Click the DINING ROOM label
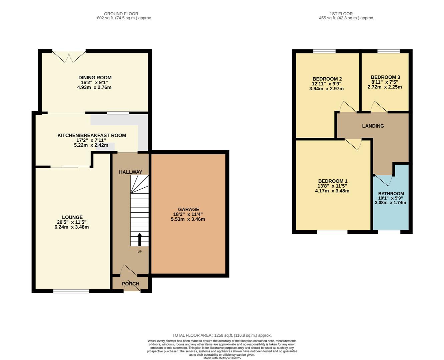click(95, 78)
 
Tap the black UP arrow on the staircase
click(139, 239)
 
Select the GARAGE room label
click(188, 209)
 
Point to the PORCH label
click(130, 284)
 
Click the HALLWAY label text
click(130, 172)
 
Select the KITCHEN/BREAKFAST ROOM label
click(92, 135)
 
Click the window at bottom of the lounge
click(71, 291)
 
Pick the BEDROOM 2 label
click(327, 79)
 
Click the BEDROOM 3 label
click(385, 77)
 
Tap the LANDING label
click(373, 126)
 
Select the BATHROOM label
click(391, 193)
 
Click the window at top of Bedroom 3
click(388, 51)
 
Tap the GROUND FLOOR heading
click(121, 14)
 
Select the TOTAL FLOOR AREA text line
click(222, 335)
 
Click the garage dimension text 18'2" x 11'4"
click(188, 214)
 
